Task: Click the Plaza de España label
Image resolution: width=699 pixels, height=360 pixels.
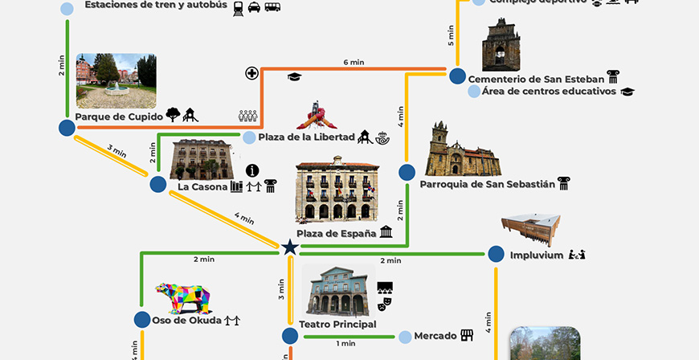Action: [x=337, y=234]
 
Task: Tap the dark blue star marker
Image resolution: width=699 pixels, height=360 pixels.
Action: [x=290, y=248]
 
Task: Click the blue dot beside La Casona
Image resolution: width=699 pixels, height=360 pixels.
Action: [x=157, y=185]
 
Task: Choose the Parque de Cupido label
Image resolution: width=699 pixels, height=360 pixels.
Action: [x=119, y=117]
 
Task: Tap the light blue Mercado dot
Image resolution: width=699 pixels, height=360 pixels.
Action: [x=407, y=336]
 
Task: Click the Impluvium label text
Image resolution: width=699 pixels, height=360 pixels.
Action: [x=537, y=256]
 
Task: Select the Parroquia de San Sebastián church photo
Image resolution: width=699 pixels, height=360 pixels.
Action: [x=461, y=150]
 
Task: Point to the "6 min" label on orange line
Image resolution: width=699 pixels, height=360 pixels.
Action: [x=354, y=62]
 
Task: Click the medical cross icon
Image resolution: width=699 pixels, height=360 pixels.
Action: [x=252, y=74]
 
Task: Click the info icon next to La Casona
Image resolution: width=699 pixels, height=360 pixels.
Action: [x=252, y=170]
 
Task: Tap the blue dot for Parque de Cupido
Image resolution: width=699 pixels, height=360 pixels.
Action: [x=67, y=128]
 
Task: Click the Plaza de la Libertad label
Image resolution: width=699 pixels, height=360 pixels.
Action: [x=306, y=137]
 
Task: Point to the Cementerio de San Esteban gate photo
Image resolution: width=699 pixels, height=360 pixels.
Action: [x=501, y=45]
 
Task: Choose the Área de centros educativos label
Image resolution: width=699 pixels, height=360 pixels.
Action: [x=549, y=92]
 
